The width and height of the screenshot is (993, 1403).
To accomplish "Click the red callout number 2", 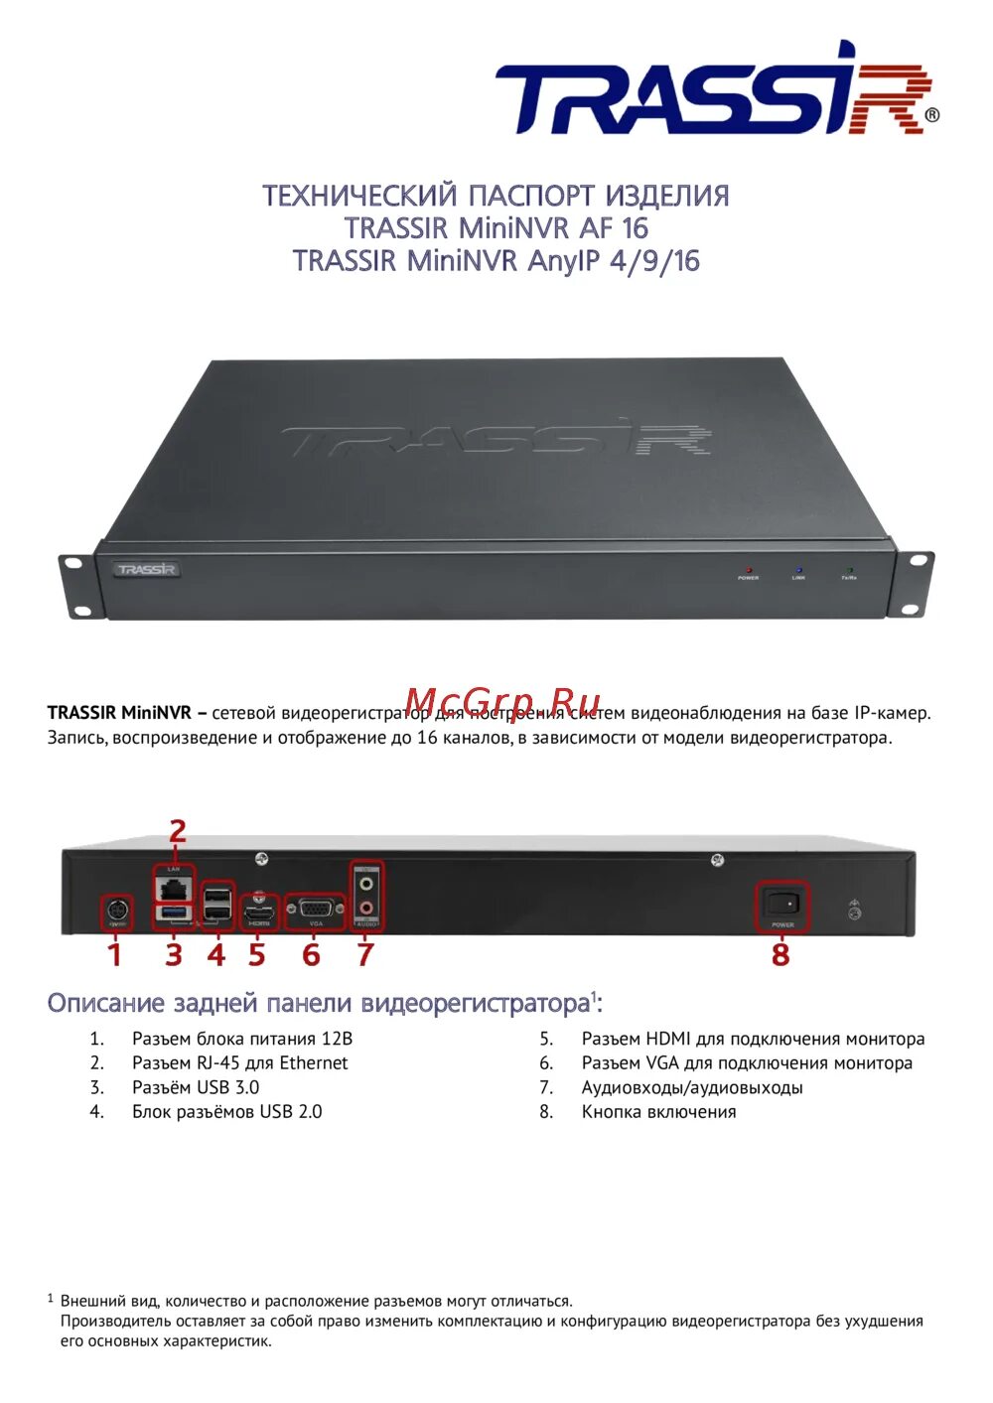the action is [x=177, y=831].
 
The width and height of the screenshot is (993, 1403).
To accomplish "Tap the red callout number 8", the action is [x=780, y=954].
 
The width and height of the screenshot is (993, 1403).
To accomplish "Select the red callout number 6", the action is [x=312, y=954].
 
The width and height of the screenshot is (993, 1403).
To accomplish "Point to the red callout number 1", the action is [x=115, y=954].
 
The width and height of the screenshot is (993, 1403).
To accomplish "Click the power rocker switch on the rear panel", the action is [x=782, y=904].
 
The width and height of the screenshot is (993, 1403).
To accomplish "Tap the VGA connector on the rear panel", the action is [x=315, y=909].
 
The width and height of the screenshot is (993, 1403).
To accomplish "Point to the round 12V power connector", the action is [x=117, y=910].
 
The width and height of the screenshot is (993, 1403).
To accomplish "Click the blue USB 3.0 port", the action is [x=175, y=912].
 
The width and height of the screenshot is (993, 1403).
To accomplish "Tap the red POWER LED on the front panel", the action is [x=748, y=570].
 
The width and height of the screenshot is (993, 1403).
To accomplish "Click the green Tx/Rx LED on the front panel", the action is [x=849, y=570].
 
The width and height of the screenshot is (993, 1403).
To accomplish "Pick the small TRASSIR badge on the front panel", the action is [x=146, y=570].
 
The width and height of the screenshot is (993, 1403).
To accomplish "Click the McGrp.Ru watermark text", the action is [x=503, y=702].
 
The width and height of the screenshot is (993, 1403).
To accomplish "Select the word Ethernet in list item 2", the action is [x=313, y=1063].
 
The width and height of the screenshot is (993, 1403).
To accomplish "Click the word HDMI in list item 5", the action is [x=667, y=1040].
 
